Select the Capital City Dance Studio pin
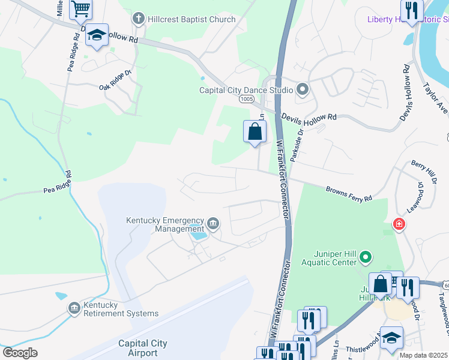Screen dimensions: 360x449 click(x=303, y=90)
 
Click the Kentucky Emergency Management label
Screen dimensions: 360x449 click(x=165, y=224)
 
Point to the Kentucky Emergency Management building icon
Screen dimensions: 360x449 click(x=213, y=224)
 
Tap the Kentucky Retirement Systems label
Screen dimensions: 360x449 click(x=121, y=310)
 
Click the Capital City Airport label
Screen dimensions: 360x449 click(x=143, y=348)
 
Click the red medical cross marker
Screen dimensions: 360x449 click(x=398, y=225)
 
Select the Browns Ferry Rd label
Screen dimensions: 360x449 click(x=349, y=193)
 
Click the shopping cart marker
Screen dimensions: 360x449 click(x=80, y=8)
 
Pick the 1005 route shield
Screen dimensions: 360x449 click(x=246, y=99)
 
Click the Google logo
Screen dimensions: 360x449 click(x=20, y=353)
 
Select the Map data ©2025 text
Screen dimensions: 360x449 click(x=423, y=355)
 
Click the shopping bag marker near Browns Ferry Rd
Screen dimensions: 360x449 click(x=255, y=131)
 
